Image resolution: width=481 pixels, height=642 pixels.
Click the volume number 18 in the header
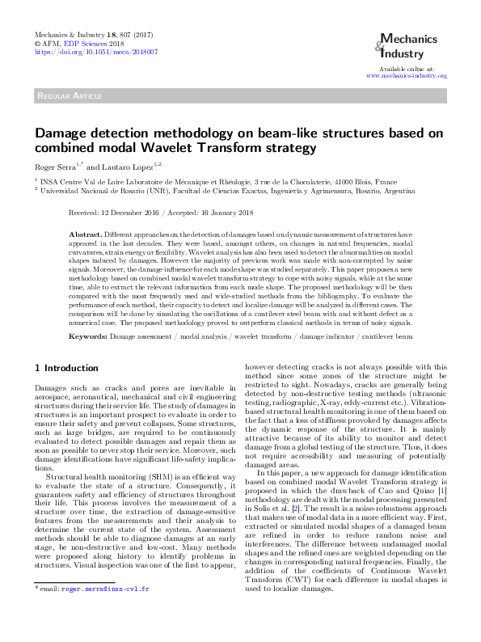point(109,35)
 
